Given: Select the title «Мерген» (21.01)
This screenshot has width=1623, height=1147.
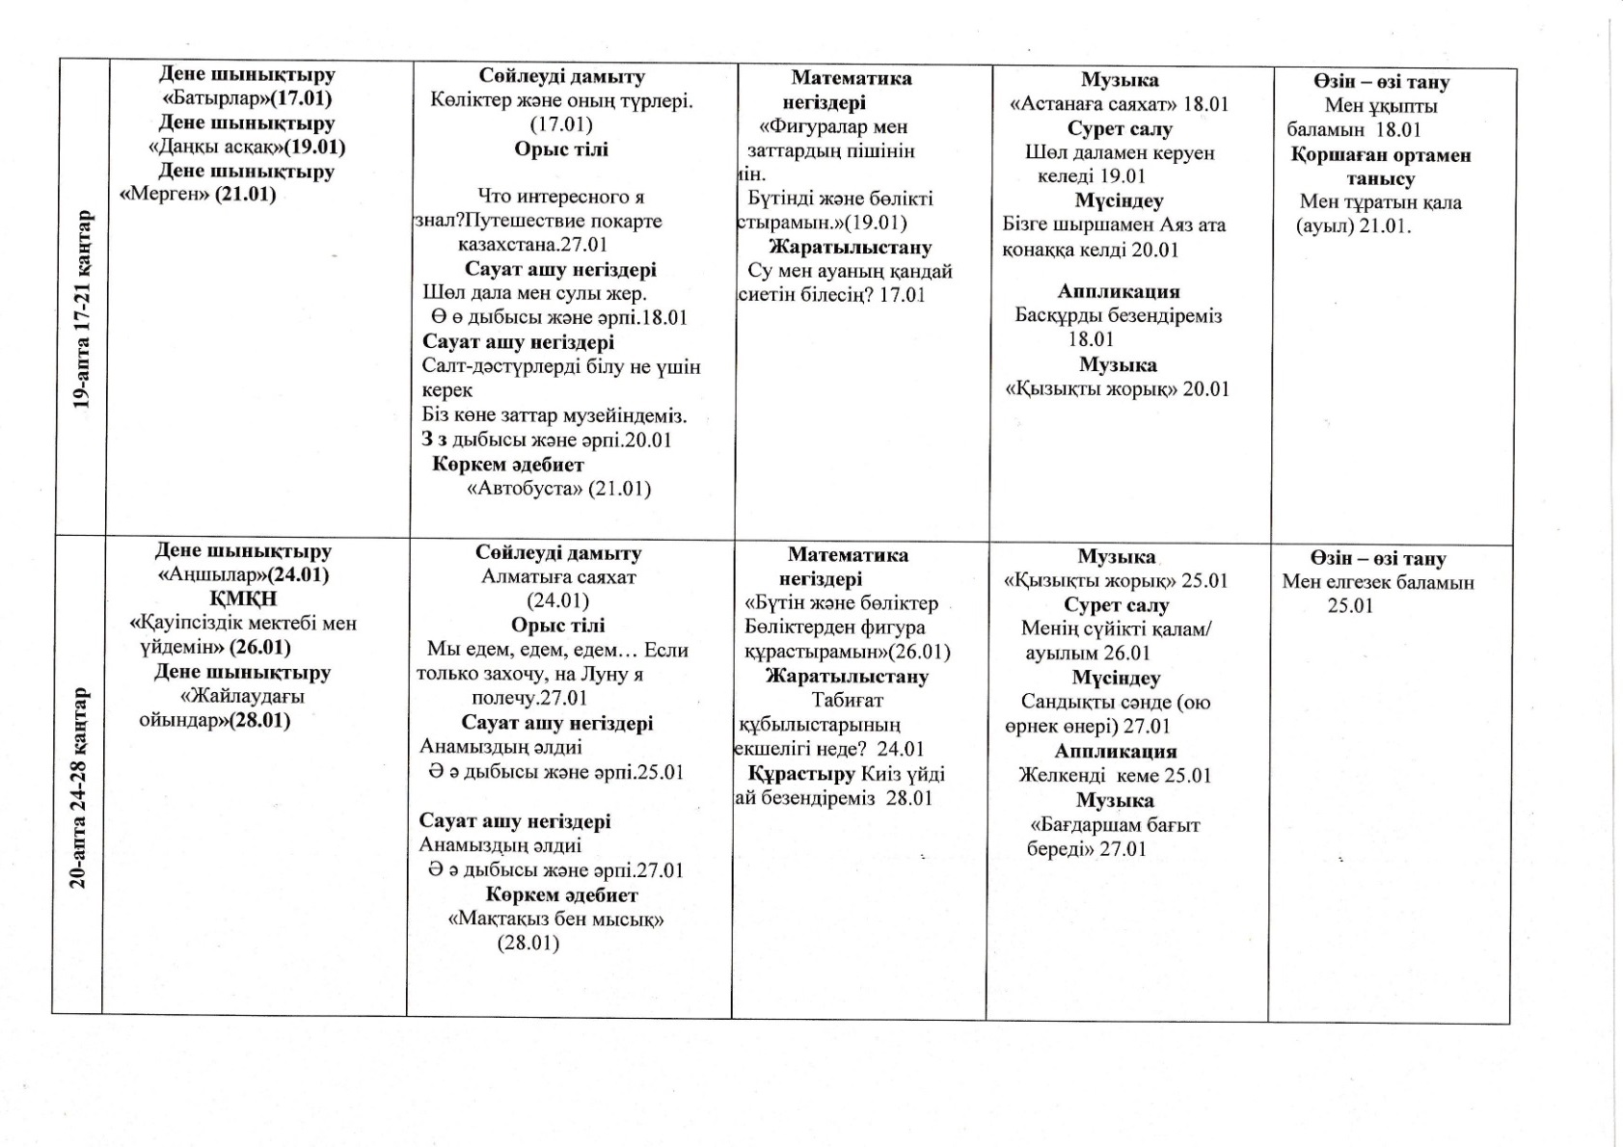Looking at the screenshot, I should pos(198,195).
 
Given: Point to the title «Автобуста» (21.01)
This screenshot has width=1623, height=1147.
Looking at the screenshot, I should pos(558,489).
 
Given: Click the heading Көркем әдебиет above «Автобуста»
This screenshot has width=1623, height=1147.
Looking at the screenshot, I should pos(507,465).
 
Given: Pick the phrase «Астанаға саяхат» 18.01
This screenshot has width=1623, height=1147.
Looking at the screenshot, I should pos(1119,104).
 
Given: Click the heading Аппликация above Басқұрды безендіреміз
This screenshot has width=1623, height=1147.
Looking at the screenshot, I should pos(1118,291).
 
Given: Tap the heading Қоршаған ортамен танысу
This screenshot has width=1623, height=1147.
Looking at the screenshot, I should pos(1380,167).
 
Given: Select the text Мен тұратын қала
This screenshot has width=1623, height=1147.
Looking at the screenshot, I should pos(1380,202).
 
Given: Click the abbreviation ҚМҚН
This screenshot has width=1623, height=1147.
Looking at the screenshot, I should pos(243,599).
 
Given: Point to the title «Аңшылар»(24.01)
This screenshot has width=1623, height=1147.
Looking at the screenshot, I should pos(243,575).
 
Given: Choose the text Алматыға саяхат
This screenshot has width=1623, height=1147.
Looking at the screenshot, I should pos(558,577).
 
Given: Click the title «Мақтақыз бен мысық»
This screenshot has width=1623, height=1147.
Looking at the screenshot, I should pos(556,920).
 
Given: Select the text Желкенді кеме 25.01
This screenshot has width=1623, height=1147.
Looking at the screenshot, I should pos(1115,776).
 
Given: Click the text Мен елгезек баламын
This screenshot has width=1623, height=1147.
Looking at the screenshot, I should pos(1377,582).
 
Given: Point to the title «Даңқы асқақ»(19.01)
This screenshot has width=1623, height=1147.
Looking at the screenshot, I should pos(247,147).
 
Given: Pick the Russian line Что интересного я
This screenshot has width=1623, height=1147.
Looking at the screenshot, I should pos(561,197).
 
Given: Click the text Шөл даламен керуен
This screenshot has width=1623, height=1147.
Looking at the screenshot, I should pos(1119,152).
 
